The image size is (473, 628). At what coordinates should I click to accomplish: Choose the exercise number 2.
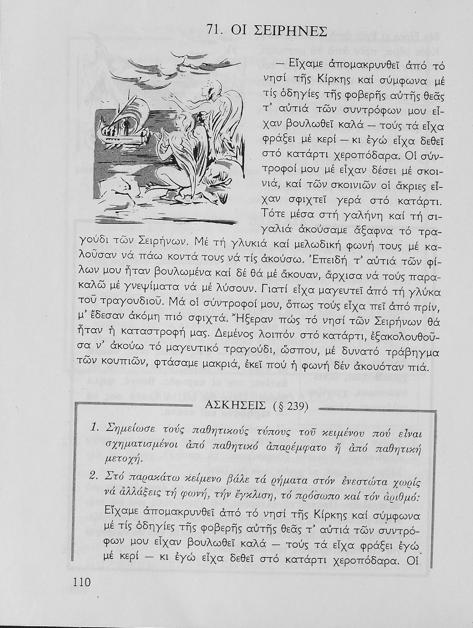(x=95, y=476)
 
